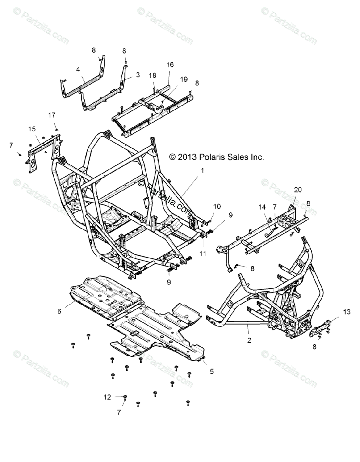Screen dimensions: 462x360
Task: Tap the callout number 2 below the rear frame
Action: point(249,340)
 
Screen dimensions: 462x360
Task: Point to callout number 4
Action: point(78,70)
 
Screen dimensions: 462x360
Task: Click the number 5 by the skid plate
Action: point(212,372)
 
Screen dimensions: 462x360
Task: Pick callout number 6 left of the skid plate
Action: point(59,311)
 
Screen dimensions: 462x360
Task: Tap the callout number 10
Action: point(217,206)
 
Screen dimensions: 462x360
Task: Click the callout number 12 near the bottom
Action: point(107,397)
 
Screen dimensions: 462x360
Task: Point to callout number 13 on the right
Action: point(347,312)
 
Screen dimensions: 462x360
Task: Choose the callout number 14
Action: point(262,207)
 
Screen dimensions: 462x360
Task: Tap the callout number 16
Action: point(170,65)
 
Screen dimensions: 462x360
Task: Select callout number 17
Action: point(52,115)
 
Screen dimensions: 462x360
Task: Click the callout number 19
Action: point(184,79)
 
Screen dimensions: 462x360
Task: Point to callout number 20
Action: point(298,190)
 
